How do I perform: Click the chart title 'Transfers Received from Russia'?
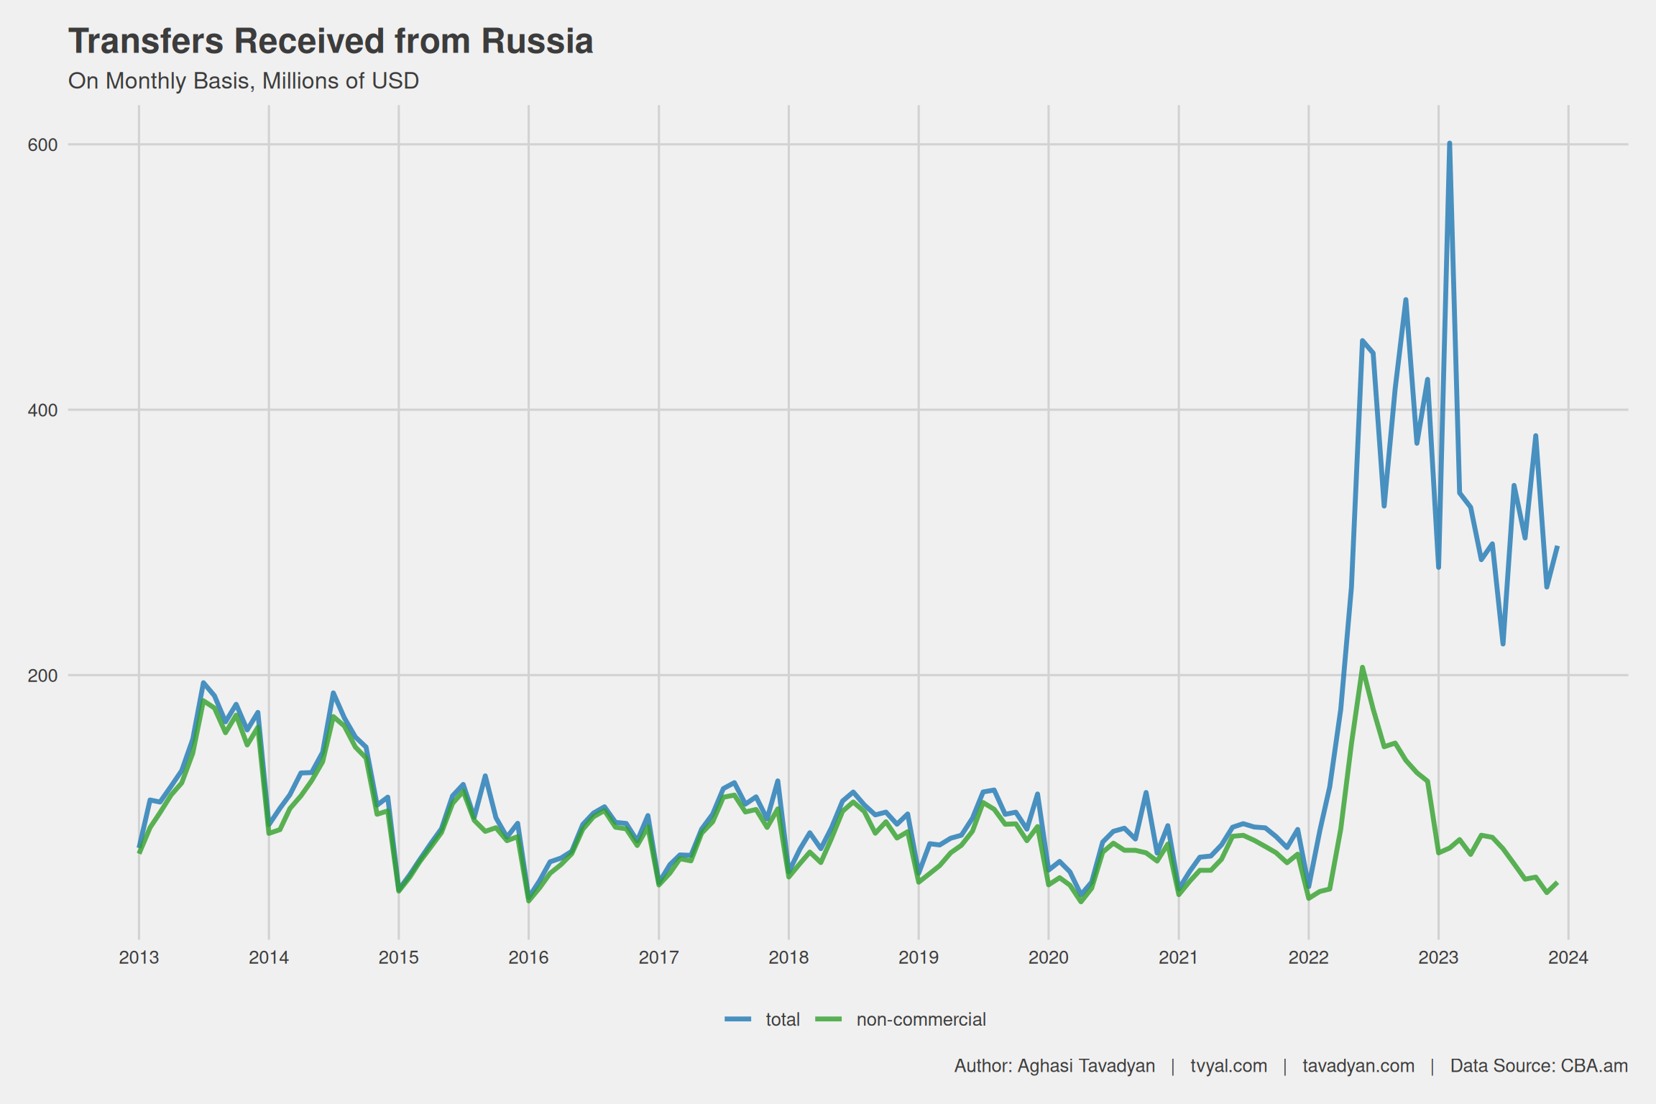331,42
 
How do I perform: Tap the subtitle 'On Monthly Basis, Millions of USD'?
243,81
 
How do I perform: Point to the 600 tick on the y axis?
42,145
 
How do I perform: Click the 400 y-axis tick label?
42,410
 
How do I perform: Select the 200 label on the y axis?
42,676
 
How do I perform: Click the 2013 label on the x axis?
139,957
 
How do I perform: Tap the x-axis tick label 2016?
528,957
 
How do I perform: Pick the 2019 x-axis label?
919,957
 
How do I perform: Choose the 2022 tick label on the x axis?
1308,957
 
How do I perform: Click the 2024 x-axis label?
1568,957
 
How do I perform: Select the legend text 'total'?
783,1020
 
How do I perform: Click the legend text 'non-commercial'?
921,1020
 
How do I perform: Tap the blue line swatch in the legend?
738,1019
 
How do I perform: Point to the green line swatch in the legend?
829,1019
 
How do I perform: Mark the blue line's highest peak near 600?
1449,144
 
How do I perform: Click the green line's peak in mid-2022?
1362,668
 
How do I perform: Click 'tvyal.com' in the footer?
1228,1066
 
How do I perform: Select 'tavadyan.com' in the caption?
1358,1066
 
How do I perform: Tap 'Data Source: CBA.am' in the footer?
1539,1066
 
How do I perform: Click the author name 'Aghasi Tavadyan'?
1086,1066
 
